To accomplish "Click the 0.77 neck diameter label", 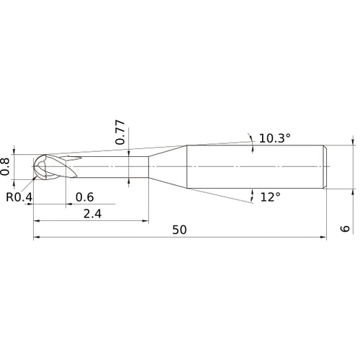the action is pos(120,132).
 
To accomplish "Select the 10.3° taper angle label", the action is pos(274,138).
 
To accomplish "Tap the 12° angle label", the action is pos(270,197).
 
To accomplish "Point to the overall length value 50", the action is pos(179,230).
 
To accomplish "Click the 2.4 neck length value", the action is pos(92,214).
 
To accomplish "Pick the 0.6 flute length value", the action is pos(84,197).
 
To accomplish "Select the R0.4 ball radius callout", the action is pos(19,197).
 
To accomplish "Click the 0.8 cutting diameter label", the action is pos(5,166).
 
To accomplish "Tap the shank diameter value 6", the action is pos(345,228).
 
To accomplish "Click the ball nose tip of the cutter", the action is pos(33,166).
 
